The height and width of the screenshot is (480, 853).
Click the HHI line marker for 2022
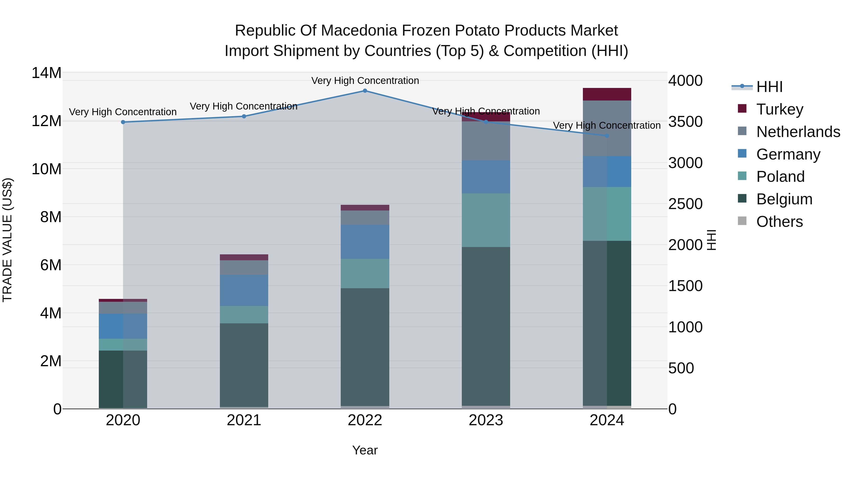tap(365, 91)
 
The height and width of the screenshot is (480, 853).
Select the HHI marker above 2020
tap(123, 122)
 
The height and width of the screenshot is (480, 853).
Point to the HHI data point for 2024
tap(607, 136)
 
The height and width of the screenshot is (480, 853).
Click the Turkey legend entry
tap(780, 109)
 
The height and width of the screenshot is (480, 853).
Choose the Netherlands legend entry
tap(798, 132)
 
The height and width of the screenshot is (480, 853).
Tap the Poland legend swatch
tap(742, 176)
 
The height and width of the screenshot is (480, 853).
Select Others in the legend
tap(780, 222)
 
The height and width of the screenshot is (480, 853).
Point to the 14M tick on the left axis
tap(46, 73)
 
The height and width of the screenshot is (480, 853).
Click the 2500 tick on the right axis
tap(685, 204)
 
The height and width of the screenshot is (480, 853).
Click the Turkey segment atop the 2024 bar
tap(607, 94)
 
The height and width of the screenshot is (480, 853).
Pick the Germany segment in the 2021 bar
tap(244, 290)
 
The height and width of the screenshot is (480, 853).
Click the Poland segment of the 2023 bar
tap(486, 220)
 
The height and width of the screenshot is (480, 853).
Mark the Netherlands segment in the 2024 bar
tap(607, 128)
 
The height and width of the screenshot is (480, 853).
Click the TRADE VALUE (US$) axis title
tap(7, 240)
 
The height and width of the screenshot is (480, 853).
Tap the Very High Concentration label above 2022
tap(365, 81)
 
